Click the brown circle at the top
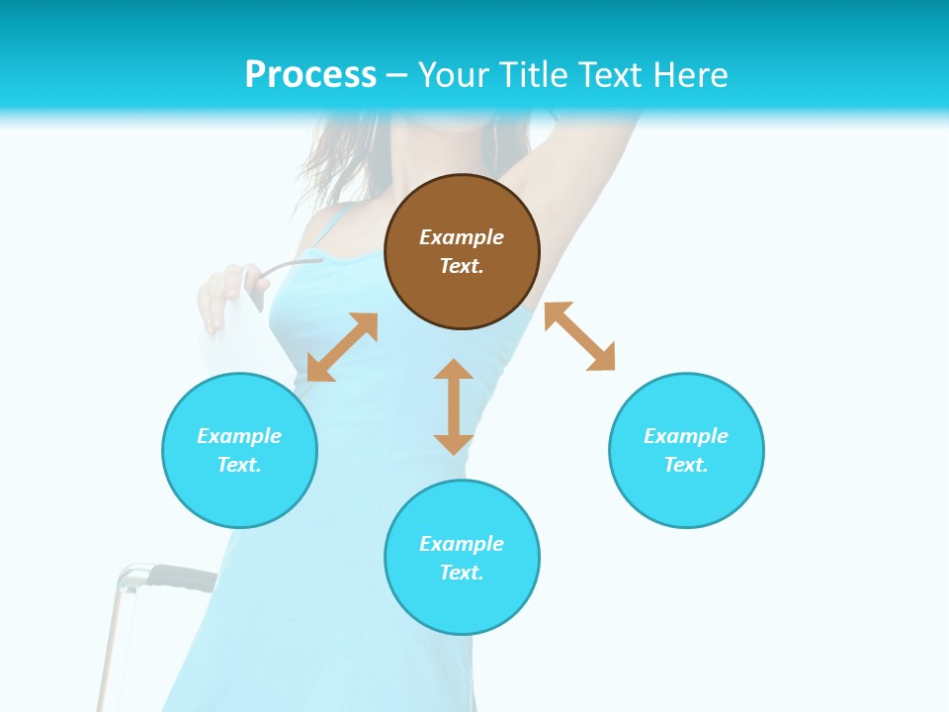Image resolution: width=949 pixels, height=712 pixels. pos(462,252)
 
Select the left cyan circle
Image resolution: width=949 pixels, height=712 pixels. pos(239,450)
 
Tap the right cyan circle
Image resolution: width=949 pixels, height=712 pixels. pos(686,450)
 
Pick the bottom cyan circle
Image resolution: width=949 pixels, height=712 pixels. pos(462,558)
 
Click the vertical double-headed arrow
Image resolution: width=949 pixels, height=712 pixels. pos(454,406)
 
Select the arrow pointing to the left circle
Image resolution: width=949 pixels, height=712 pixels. pos(342,347)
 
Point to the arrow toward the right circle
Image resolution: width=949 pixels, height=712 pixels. pos(579,336)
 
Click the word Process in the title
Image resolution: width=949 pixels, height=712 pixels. pos(310,74)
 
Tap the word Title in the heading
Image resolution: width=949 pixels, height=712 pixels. pos(536,74)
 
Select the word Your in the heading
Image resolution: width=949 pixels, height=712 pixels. pos(455,74)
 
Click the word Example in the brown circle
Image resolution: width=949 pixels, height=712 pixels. pos(462,237)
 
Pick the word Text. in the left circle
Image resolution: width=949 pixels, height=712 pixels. pos(239,465)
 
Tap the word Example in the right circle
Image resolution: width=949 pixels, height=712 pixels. pos(686,436)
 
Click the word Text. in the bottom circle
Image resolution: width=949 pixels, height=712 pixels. pos(462,573)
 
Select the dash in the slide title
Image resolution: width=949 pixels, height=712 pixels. pos(396,74)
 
